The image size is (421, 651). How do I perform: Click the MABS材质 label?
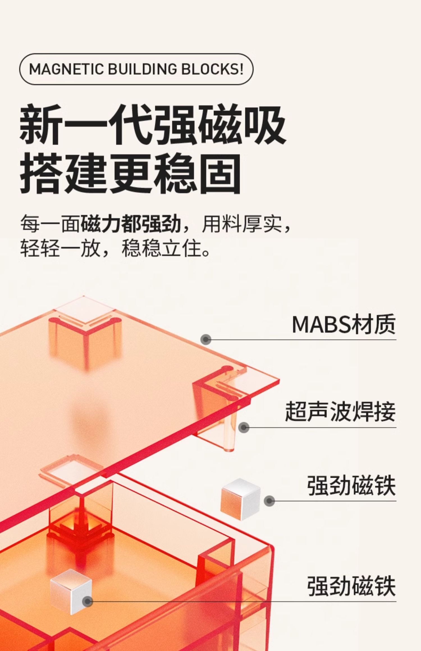[344, 324]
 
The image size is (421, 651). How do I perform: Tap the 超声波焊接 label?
[340, 412]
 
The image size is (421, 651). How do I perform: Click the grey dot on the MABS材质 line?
[206, 340]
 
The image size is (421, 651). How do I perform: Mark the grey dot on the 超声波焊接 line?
[244, 428]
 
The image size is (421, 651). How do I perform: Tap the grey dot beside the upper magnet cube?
[269, 501]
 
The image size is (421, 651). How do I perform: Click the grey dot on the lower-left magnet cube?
[88, 601]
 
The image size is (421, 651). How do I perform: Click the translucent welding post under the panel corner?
[231, 432]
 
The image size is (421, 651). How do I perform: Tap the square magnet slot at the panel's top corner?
[84, 311]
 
